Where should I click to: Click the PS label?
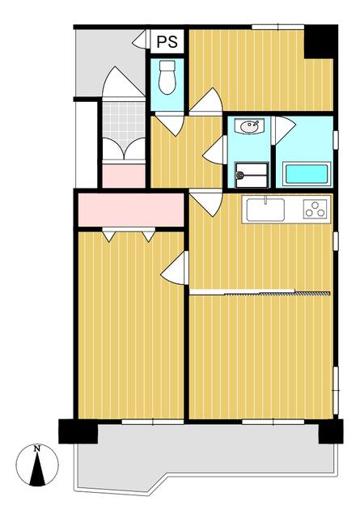pyautogui.click(x=167, y=41)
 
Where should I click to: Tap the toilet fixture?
pyautogui.click(x=167, y=78)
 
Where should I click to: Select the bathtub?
pyautogui.click(x=307, y=174)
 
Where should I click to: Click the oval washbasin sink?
pyautogui.click(x=250, y=126)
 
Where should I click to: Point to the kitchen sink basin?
pyautogui.click(x=265, y=210)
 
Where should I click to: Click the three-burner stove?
pyautogui.click(x=316, y=209)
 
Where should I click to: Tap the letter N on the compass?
pyautogui.click(x=37, y=448)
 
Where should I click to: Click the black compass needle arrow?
pyautogui.click(x=37, y=469)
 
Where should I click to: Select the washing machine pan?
pyautogui.click(x=252, y=175)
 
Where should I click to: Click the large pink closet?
pyautogui.click(x=131, y=210)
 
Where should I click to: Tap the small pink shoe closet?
pyautogui.click(x=124, y=176)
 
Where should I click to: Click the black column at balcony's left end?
pyautogui.click(x=78, y=431)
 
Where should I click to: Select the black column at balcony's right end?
pyautogui.click(x=331, y=431)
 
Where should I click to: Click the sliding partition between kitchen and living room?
pyautogui.click(x=260, y=292)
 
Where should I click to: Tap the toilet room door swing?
pyautogui.click(x=170, y=124)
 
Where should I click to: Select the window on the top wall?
pyautogui.click(x=277, y=27)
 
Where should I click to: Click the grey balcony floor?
pyautogui.click(x=205, y=456)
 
